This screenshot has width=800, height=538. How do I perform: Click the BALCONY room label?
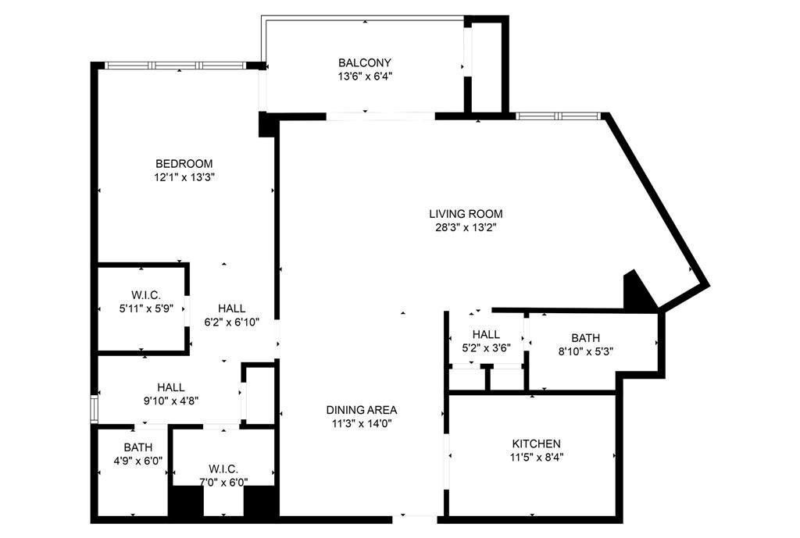[365, 62]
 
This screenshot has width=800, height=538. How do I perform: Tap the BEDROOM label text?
[184, 163]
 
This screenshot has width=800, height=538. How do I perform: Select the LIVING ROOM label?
[466, 213]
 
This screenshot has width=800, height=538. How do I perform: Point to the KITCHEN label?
[536, 444]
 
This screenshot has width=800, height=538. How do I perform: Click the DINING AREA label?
[362, 409]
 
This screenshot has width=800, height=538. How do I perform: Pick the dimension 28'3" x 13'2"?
[466, 228]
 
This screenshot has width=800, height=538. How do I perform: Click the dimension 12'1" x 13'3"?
[184, 177]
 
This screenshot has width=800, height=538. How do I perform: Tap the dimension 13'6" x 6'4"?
[365, 77]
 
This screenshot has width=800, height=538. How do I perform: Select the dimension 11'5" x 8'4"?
[536, 458]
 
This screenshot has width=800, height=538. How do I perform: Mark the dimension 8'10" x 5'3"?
[585, 351]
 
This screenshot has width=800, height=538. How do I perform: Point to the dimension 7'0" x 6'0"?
[222, 483]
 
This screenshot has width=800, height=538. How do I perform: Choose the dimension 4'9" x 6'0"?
[137, 461]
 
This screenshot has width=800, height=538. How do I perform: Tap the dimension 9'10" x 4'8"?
[170, 401]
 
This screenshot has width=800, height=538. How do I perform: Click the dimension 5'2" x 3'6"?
[486, 348]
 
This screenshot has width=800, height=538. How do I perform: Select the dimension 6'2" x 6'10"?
[231, 322]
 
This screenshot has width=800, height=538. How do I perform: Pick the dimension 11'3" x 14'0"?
[362, 423]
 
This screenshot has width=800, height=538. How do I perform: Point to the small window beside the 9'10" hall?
[94, 408]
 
